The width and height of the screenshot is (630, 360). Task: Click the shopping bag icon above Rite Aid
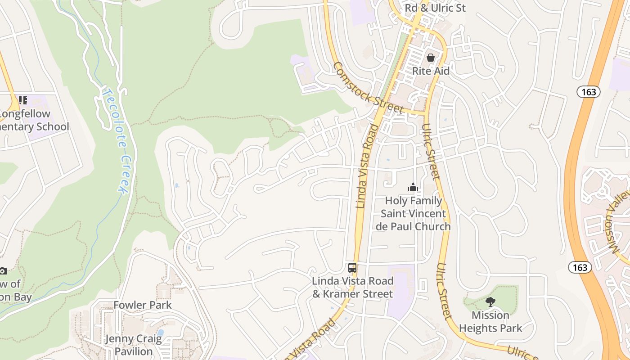click(431, 58)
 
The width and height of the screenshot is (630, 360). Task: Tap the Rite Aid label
click(431, 71)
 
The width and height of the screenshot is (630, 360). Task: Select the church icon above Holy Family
click(413, 187)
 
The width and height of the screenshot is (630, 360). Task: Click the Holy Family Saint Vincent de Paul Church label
click(413, 214)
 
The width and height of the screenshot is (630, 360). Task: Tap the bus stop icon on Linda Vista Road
click(352, 268)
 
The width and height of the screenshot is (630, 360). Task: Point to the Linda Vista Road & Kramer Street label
click(353, 288)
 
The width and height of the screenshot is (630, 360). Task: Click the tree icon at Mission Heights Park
click(490, 302)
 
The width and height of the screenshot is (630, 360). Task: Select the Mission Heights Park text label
click(490, 322)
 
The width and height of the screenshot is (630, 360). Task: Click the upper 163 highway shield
click(588, 92)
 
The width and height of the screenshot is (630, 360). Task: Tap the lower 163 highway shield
click(580, 268)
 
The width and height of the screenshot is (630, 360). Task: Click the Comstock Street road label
click(368, 88)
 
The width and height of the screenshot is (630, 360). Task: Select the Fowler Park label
click(142, 305)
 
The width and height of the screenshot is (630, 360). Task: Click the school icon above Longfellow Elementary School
click(22, 100)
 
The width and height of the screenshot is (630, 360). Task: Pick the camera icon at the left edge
click(3, 271)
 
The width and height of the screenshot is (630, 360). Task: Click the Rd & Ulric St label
click(435, 8)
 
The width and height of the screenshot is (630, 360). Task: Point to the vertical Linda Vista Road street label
click(367, 166)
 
